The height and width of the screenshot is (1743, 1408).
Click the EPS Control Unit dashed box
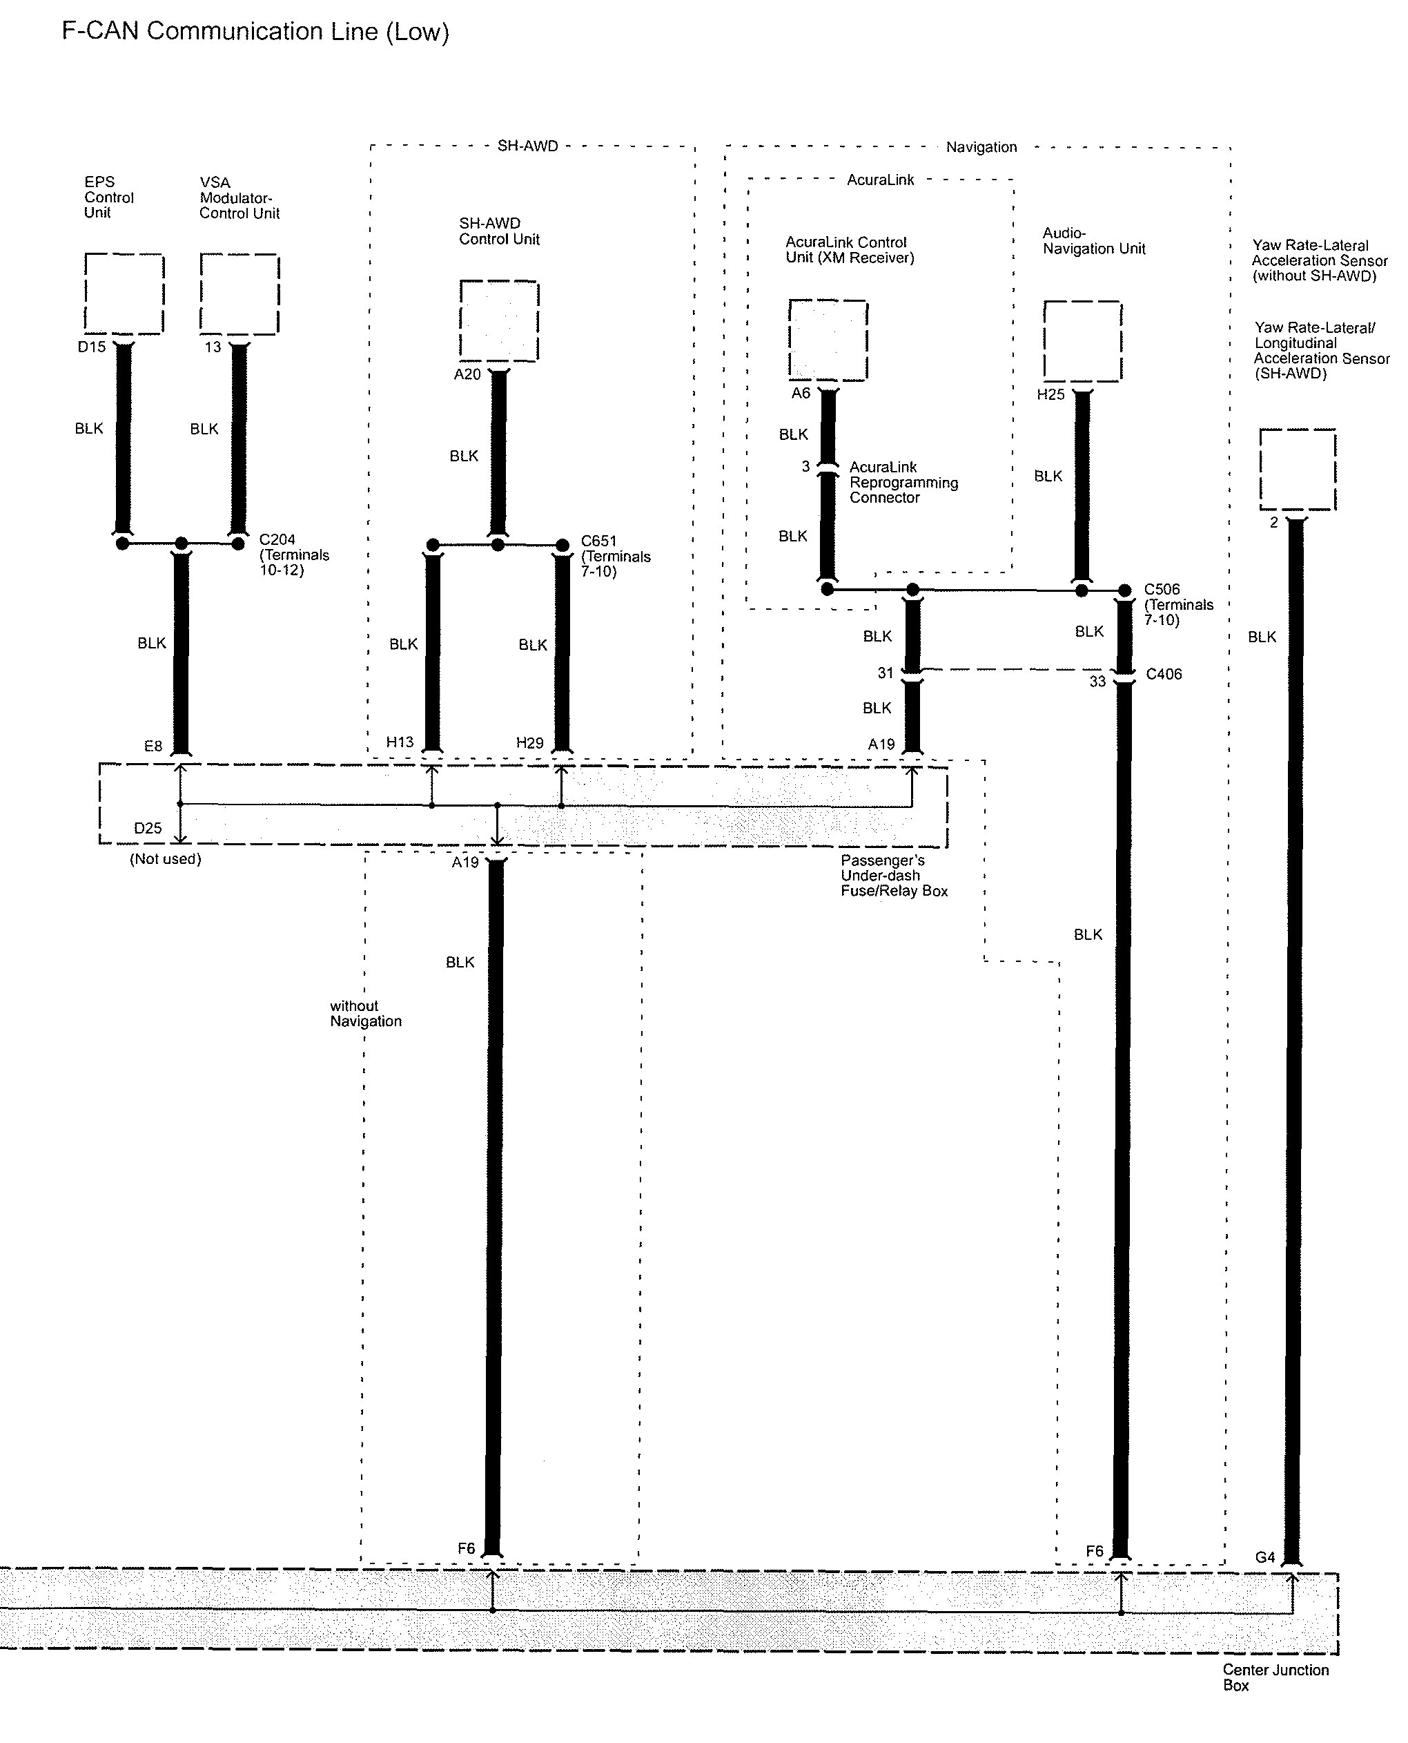[124, 293]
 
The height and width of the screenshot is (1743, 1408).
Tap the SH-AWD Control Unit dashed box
[499, 320]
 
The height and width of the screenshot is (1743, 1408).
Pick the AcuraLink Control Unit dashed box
[828, 340]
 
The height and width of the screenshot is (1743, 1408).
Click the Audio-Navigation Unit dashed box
[1082, 341]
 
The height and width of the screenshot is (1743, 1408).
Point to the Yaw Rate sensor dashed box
[1297, 469]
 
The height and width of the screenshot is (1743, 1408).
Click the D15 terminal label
[92, 347]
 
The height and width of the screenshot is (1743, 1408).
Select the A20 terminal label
[467, 374]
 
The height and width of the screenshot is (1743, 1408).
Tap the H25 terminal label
[1050, 395]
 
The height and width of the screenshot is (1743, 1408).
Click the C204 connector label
[277, 539]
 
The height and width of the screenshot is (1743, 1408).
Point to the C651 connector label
[598, 541]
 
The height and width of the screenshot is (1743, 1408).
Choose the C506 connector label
[1162, 589]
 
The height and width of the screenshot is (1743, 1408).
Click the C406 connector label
[1163, 674]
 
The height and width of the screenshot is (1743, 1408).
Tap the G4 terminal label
[1264, 1557]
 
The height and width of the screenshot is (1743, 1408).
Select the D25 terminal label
[148, 829]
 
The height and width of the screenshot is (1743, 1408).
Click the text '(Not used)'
[166, 859]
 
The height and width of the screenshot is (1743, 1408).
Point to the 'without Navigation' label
[365, 1014]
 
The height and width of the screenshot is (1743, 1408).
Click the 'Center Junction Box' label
[1275, 1677]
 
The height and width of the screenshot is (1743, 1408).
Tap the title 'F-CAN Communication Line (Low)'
[255, 32]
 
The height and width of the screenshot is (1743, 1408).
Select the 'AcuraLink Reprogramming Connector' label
[903, 483]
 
